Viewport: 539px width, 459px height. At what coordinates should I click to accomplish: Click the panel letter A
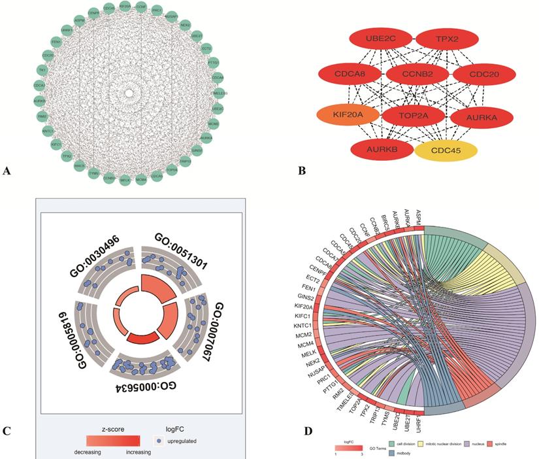(7, 171)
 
